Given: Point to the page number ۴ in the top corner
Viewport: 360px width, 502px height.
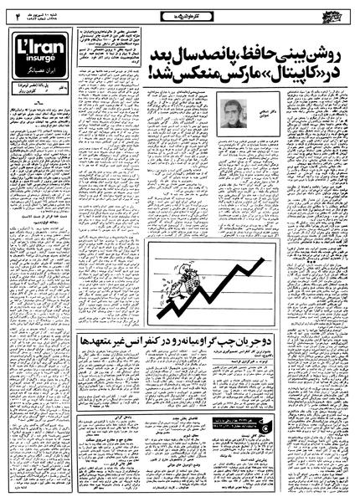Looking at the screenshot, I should pos(16,13).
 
